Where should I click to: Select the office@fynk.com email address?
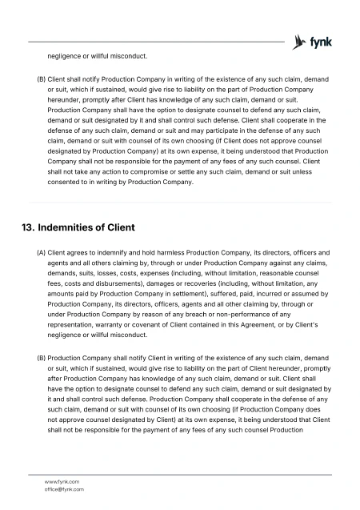pyautogui.click(x=64, y=488)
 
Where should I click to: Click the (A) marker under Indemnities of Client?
pyautogui.click(x=42, y=252)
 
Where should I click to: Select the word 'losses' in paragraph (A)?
pyautogui.click(x=113, y=273)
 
